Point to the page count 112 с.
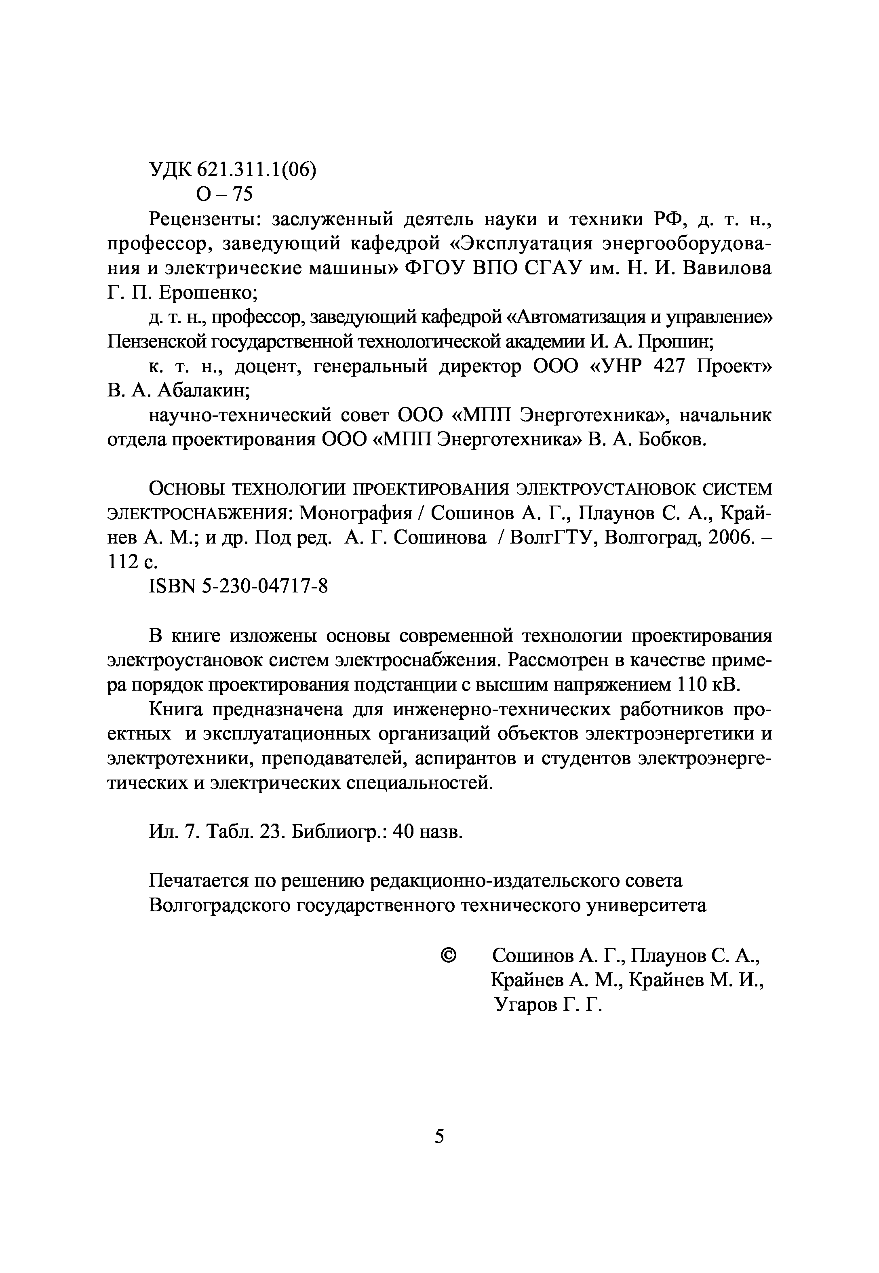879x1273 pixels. tap(132, 562)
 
